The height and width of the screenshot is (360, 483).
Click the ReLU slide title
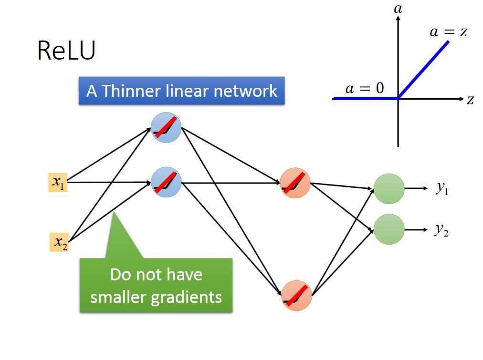(66, 51)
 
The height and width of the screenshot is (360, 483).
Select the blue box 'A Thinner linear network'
(181, 91)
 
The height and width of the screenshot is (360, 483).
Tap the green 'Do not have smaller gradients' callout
(156, 285)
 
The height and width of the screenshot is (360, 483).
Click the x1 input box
(58, 182)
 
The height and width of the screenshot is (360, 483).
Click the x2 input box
(59, 242)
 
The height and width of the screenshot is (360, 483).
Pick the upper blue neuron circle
(166, 128)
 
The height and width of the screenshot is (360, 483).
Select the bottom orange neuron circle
(296, 296)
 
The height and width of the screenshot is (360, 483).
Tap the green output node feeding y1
(388, 188)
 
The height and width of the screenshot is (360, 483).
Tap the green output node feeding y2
(388, 229)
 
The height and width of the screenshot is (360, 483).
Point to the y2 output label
(441, 230)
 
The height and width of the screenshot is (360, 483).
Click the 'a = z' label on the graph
(448, 32)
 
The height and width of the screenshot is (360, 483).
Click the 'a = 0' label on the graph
(364, 88)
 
